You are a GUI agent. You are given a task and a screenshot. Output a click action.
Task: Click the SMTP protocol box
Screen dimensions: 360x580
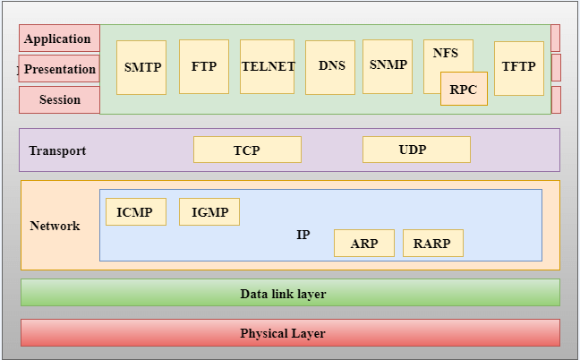[x=141, y=67]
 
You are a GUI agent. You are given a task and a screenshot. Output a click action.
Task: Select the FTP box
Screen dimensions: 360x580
[x=203, y=66]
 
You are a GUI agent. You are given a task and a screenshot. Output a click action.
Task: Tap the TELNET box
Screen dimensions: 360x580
[x=267, y=66]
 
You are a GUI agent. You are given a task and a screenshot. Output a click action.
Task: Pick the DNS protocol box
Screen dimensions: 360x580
[x=330, y=66]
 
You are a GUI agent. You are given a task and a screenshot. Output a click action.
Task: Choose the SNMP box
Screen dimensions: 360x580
[x=388, y=65]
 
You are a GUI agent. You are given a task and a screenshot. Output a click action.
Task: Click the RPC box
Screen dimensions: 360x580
[x=464, y=89]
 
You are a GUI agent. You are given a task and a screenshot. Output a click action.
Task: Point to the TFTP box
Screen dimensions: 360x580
[x=519, y=67]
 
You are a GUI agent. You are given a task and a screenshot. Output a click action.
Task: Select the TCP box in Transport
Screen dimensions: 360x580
[x=247, y=150]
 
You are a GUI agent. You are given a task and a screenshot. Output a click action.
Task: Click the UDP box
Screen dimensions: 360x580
[x=416, y=150]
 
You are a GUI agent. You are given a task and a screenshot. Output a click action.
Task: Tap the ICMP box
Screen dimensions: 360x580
[x=135, y=212]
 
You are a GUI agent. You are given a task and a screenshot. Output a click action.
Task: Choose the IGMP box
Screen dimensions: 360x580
[x=209, y=212]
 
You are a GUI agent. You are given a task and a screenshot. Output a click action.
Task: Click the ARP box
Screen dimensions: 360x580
[x=364, y=244]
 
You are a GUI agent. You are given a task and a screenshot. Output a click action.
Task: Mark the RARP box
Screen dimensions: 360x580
[x=433, y=244]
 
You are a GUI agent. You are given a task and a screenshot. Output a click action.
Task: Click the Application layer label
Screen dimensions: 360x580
[x=58, y=39]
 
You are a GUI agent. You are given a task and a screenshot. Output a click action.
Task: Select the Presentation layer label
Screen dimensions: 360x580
[x=59, y=69]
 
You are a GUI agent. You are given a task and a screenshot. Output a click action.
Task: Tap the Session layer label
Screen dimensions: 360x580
[x=59, y=99]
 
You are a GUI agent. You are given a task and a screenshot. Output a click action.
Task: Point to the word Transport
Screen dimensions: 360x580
[x=57, y=150]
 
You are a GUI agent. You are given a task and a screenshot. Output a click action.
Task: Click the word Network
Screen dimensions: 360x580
[x=55, y=226]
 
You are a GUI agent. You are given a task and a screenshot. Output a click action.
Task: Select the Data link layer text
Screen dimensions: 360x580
[x=283, y=294]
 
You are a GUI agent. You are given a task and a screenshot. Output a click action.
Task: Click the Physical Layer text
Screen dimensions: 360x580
[x=283, y=333]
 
